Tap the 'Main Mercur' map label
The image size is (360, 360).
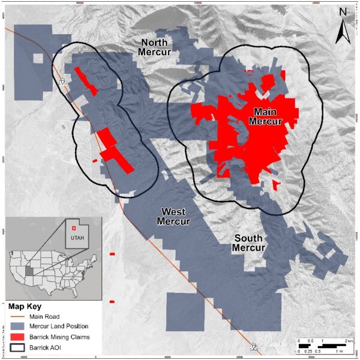268,116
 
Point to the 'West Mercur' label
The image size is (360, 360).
173,217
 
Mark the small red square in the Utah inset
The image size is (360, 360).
73,227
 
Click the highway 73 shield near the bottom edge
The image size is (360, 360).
254,347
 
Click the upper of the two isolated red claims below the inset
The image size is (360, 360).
112,254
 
